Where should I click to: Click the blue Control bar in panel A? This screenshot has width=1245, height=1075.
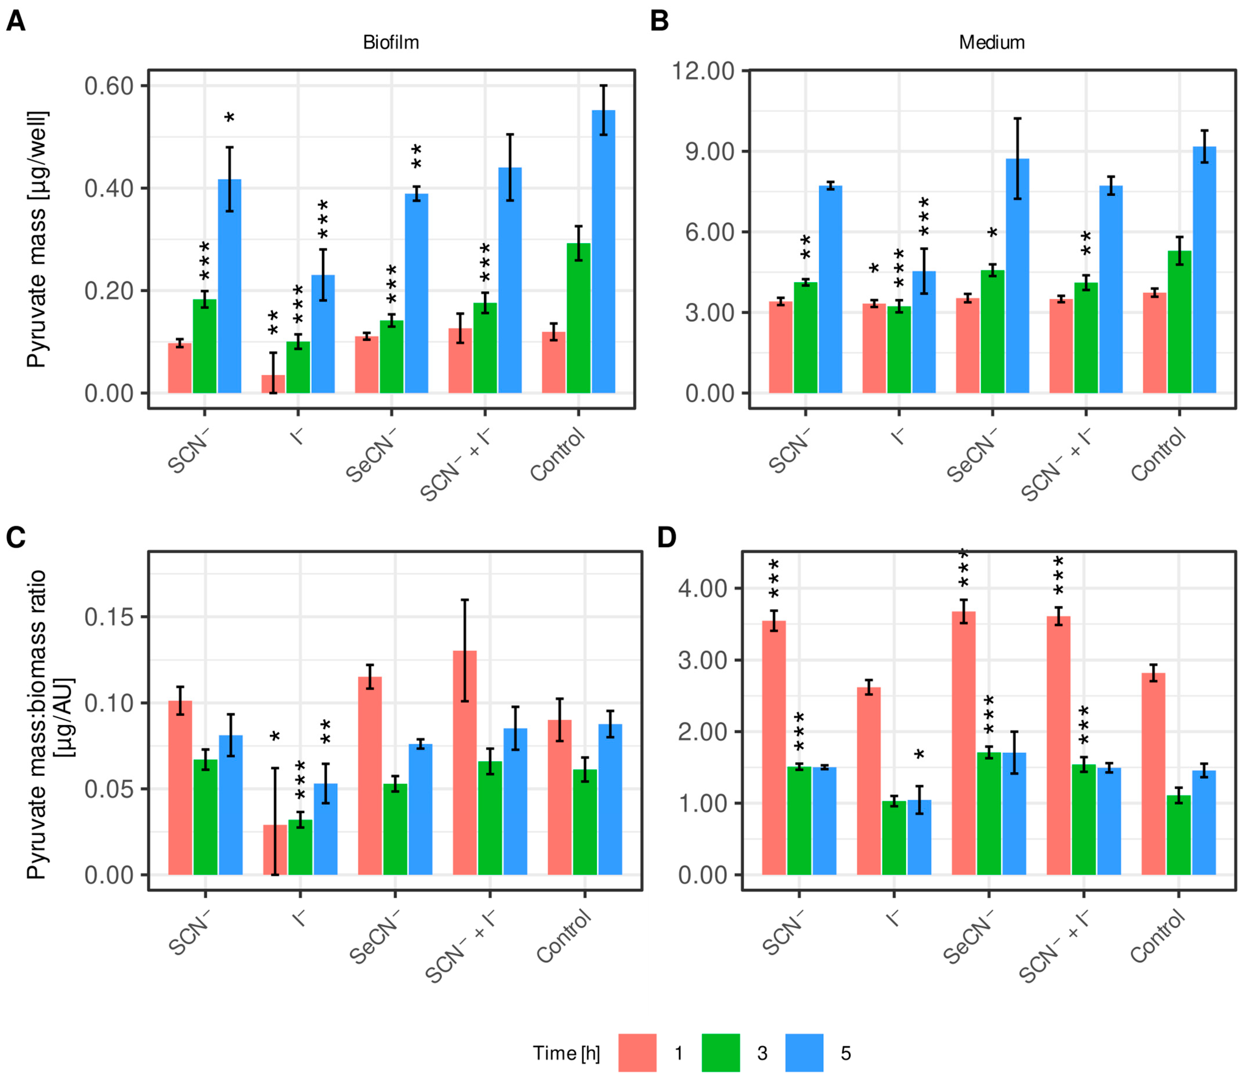[x=603, y=252]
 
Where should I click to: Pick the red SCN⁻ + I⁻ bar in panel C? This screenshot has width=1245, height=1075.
[x=464, y=763]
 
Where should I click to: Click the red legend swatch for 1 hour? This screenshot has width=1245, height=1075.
[x=637, y=1053]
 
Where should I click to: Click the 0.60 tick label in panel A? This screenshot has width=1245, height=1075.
[x=109, y=86]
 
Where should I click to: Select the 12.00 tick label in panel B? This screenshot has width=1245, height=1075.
[x=703, y=71]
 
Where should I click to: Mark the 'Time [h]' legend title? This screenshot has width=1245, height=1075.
[x=566, y=1053]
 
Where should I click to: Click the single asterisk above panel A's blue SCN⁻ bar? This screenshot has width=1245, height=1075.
[x=230, y=118]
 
